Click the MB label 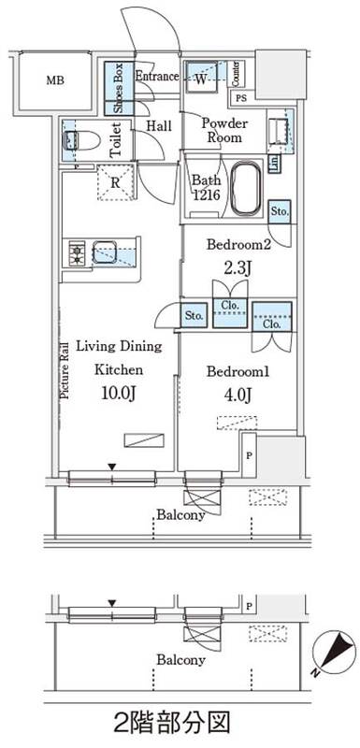55,80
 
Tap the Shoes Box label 119,89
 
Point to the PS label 241,100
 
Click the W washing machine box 202,76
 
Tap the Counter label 236,74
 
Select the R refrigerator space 116,183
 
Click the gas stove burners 76,253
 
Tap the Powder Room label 224,131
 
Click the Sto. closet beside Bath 279,211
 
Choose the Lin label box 274,163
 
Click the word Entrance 157,77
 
